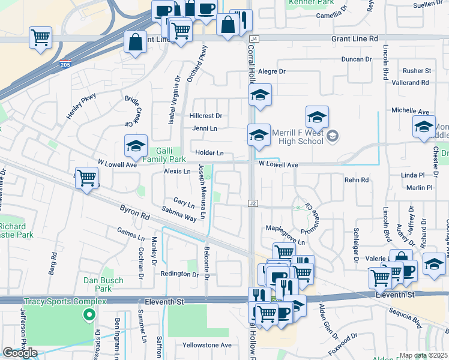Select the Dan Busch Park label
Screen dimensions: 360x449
pyautogui.click(x=103, y=284)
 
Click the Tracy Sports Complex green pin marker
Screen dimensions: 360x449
pyautogui.click(x=89, y=314)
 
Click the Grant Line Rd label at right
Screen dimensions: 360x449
pyautogui.click(x=355, y=38)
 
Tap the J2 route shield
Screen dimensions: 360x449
pyautogui.click(x=253, y=204)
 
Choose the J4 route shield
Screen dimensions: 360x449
pyautogui.click(x=254, y=38)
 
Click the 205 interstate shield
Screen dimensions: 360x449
pyautogui.click(x=65, y=65)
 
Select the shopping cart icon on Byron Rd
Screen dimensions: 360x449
pyautogui.click(x=87, y=178)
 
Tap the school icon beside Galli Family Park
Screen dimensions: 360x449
pyautogui.click(x=136, y=145)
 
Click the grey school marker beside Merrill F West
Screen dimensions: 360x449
pyautogui.click(x=333, y=137)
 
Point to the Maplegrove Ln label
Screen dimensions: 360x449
pyautogui.click(x=285, y=243)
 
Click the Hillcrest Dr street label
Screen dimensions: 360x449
pyautogui.click(x=206, y=116)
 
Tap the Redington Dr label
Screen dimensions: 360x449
pyautogui.click(x=179, y=274)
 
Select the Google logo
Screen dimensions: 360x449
pyautogui.click(x=20, y=353)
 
